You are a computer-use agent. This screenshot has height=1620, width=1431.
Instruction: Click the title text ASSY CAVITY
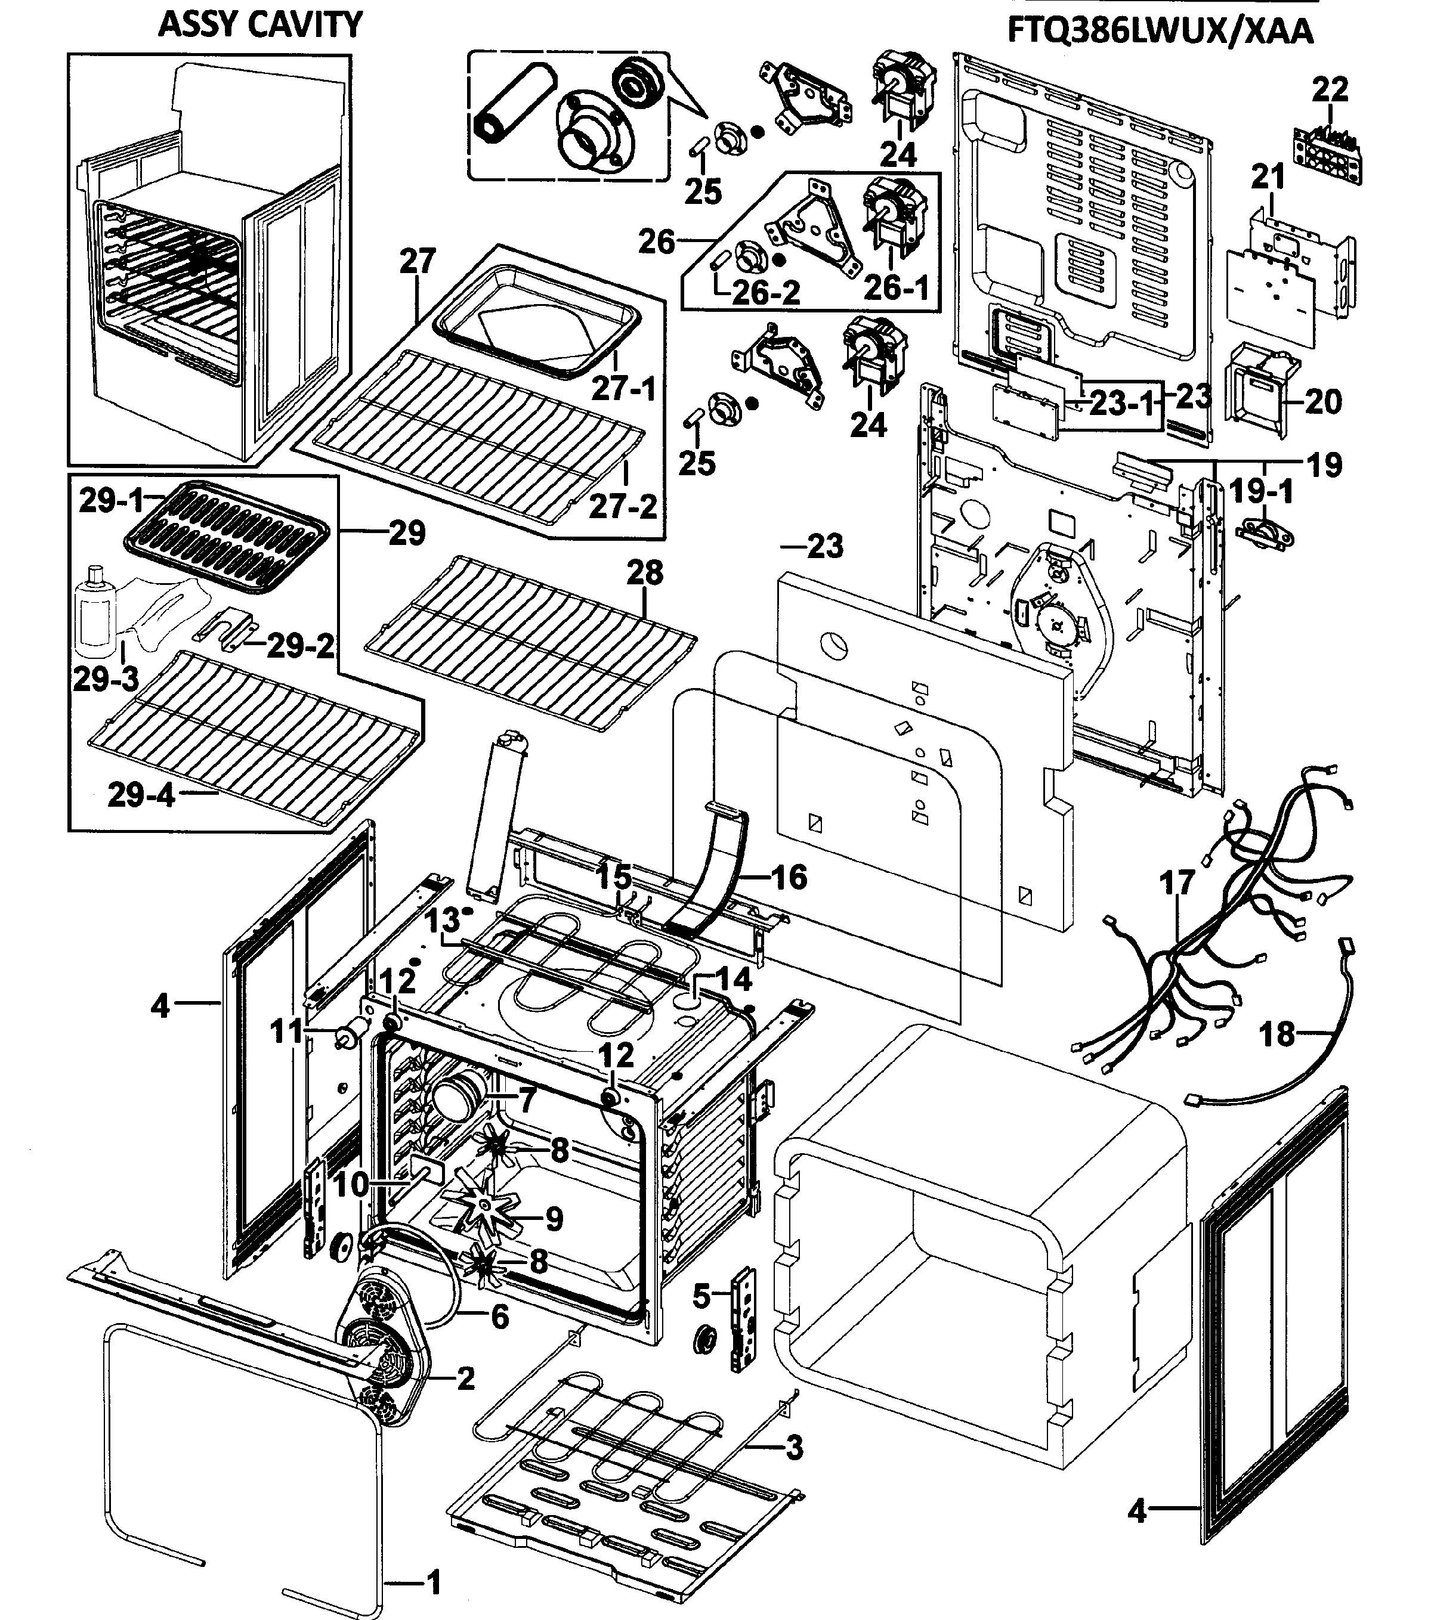pyautogui.click(x=259, y=24)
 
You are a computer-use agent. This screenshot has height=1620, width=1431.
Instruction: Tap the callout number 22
pyautogui.click(x=1330, y=89)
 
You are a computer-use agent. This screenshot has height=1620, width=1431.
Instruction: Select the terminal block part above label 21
pyautogui.click(x=1328, y=150)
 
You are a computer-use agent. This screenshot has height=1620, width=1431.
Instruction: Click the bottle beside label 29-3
pyautogui.click(x=95, y=609)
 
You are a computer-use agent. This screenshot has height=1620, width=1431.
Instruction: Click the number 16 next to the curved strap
pyautogui.click(x=789, y=877)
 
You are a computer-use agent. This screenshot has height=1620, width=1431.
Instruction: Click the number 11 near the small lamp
pyautogui.click(x=287, y=1032)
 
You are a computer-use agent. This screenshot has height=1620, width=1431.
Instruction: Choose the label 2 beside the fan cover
pyautogui.click(x=465, y=1379)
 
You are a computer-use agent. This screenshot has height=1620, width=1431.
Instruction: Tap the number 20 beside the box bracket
pyautogui.click(x=1323, y=402)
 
